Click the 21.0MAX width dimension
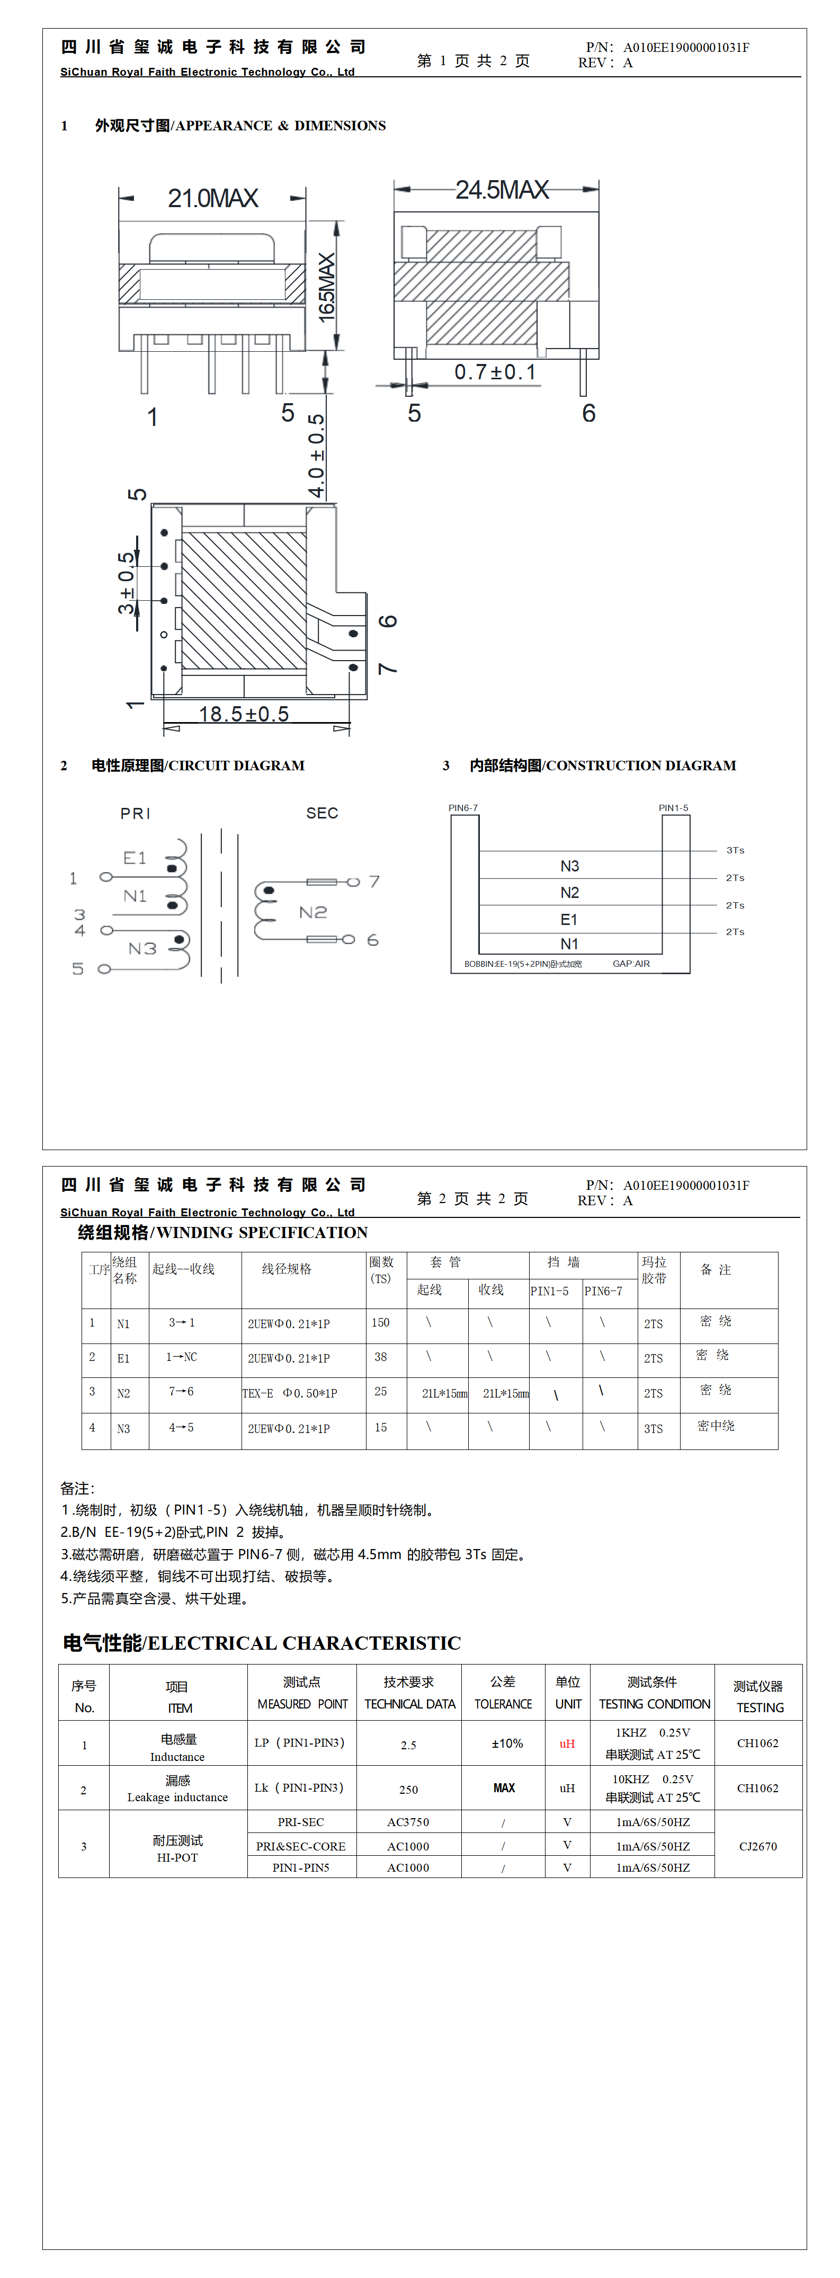click(212, 198)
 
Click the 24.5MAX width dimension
click(502, 189)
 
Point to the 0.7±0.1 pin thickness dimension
click(495, 372)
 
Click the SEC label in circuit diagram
click(322, 813)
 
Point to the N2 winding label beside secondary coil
click(313, 912)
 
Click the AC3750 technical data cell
click(408, 1822)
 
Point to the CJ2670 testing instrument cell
click(758, 1846)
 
